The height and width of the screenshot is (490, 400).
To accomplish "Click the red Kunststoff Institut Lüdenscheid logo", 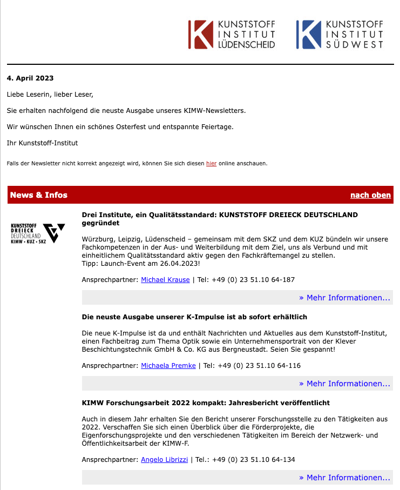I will [232, 35].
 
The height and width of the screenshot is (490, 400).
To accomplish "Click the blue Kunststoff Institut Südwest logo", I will [340, 35].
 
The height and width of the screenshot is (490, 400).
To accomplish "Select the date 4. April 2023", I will [30, 78].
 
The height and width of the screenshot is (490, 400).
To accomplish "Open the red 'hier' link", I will [211, 163].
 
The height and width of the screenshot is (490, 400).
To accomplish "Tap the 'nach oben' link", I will [370, 195].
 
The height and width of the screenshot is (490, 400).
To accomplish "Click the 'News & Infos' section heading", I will [39, 195].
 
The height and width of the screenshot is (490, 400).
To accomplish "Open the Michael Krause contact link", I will [165, 280].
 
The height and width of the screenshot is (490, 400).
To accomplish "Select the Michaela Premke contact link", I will [168, 366].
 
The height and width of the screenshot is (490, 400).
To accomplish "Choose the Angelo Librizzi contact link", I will [165, 460].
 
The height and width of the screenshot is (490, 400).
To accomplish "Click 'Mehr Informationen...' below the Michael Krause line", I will [344, 298].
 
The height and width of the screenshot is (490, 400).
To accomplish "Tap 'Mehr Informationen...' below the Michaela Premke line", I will [344, 384].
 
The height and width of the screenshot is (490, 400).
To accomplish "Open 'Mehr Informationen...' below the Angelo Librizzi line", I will [344, 478].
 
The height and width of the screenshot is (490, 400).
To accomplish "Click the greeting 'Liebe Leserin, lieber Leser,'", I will [50, 95].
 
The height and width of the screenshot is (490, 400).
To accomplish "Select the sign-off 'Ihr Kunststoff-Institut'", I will [42, 143].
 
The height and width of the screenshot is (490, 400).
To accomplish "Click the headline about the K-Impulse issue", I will [194, 317].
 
